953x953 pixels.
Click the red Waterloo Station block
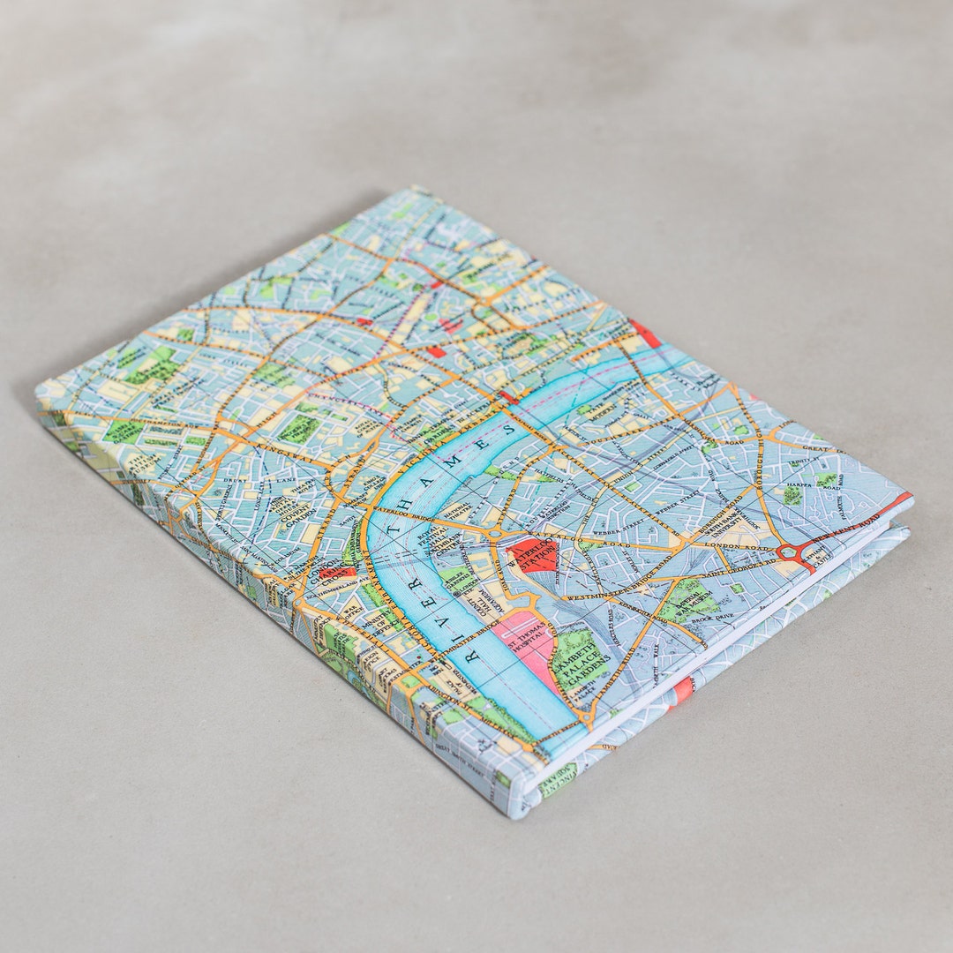(x=532, y=555)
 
